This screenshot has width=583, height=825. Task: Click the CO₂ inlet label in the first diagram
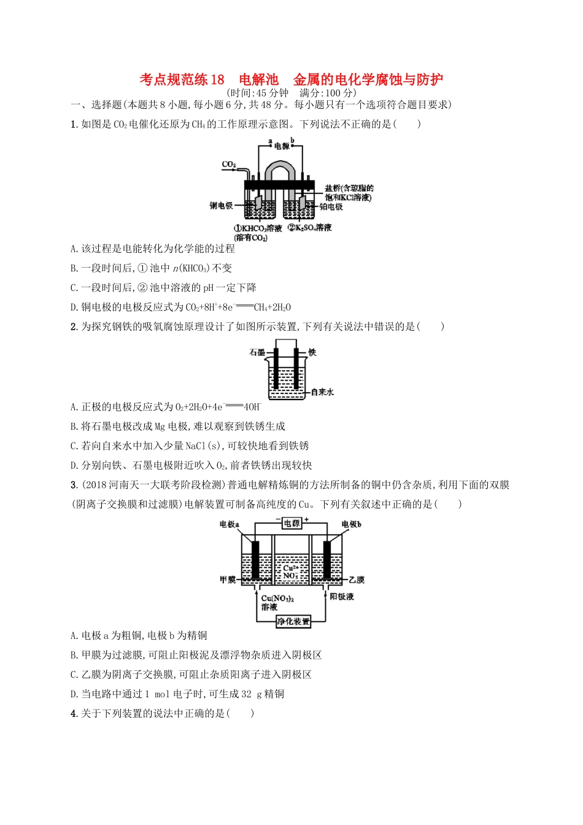[x=229, y=165]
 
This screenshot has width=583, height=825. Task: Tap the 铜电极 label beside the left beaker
[x=222, y=205]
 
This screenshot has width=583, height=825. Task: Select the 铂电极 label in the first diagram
[x=331, y=207]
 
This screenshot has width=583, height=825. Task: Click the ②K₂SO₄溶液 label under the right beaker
[x=310, y=228]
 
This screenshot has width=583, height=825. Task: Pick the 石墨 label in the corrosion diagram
[x=257, y=352]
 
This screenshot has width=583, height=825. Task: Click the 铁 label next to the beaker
[x=312, y=352]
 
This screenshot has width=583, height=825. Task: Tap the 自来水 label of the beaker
[x=322, y=392]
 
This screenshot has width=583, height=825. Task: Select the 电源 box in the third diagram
[x=291, y=524]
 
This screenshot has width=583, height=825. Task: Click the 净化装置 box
[x=293, y=621]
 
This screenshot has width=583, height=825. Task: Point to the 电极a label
[x=230, y=524]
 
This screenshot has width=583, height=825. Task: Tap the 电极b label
[x=352, y=524]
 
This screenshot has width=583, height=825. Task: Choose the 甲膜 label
[x=228, y=579]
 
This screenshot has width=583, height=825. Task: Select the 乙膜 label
[x=357, y=579]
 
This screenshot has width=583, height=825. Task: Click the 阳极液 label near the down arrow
[x=342, y=597]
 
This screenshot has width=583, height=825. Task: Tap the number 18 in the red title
[x=217, y=80]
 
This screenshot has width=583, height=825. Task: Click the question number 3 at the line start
[x=74, y=485]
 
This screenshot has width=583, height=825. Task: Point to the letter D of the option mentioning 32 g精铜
[x=74, y=694]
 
